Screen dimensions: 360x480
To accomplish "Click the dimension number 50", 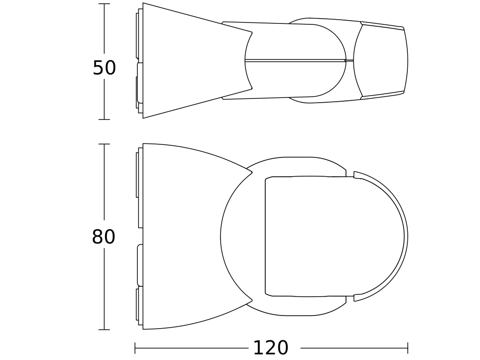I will coord(104,68).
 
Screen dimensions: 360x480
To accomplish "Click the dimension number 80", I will coord(104,237).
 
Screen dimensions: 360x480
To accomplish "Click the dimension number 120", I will coord(270,348).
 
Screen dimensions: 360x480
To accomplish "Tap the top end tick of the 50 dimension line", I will coord(104,4).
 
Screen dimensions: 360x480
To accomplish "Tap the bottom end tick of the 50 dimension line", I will coord(104,120).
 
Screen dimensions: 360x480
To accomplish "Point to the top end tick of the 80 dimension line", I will coord(104,144).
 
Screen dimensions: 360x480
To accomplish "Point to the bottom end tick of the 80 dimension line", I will coord(104,330).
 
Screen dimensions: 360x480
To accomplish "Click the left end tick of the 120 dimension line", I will coord(135,348).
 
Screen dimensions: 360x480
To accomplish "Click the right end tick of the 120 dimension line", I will coord(408,348).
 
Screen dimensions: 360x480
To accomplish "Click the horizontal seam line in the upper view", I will coord(295,60).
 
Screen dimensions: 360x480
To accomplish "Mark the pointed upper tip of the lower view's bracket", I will coord(252,172).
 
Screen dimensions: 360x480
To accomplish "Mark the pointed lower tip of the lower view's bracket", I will coord(252,300).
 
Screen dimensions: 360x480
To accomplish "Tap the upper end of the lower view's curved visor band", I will coord(355,175).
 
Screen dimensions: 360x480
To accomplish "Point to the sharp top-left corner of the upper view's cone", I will coord(143,3).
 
